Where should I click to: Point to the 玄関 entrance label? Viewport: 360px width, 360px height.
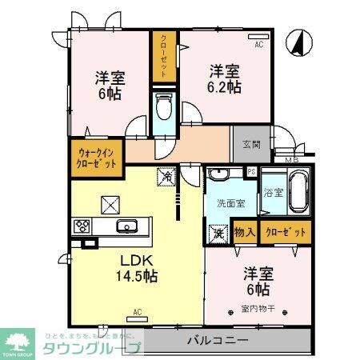[x=250, y=145]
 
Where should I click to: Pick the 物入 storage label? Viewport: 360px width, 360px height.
[x=245, y=233]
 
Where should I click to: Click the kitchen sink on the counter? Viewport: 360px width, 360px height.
[x=127, y=226]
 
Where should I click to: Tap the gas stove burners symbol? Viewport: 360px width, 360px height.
[x=82, y=226]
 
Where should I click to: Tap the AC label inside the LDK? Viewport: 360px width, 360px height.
[x=137, y=311]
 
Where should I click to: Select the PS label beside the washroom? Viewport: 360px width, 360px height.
[x=251, y=171]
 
